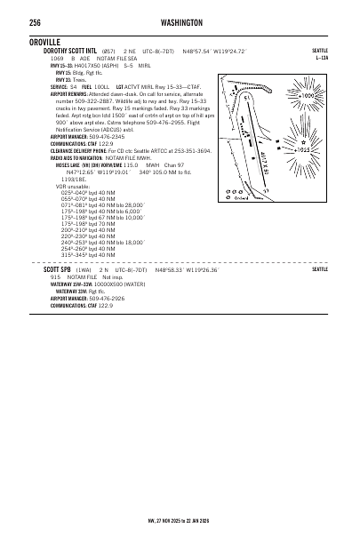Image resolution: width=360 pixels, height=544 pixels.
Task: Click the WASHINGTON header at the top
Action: (183, 22)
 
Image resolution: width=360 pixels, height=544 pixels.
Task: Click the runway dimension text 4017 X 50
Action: (265, 159)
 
